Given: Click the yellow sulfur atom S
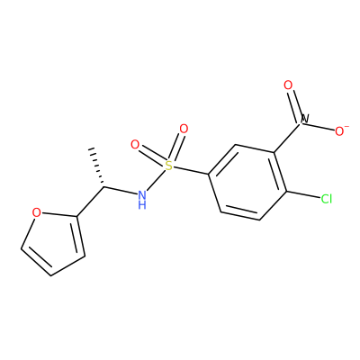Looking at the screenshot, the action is pyautogui.click(x=169, y=166).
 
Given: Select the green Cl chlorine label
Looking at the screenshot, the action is pyautogui.click(x=326, y=199).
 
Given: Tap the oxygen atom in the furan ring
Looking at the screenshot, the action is pyautogui.click(x=36, y=212).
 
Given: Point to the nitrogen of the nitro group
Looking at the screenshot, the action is pyautogui.click(x=305, y=119).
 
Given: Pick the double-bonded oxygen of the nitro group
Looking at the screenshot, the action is pyautogui.click(x=288, y=85).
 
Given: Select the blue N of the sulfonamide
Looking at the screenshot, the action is pyautogui.click(x=142, y=195).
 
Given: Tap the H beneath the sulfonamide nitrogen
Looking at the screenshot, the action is pyautogui.click(x=142, y=205).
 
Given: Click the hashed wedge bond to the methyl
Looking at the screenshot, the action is pyautogui.click(x=97, y=166).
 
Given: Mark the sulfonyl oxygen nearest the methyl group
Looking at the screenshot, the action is pyautogui.click(x=135, y=145).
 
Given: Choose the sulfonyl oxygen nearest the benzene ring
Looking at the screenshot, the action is pyautogui.click(x=184, y=129).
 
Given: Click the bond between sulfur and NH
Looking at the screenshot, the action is pyautogui.click(x=156, y=180).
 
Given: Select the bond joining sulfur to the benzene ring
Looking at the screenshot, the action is pyautogui.click(x=192, y=170).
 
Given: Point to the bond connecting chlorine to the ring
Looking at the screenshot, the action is pyautogui.click(x=302, y=194).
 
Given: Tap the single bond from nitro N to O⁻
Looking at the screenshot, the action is pyautogui.click(x=321, y=127).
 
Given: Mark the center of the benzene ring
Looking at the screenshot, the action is pyautogui.click(x=247, y=183).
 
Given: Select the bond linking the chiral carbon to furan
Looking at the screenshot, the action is pyautogui.click(x=91, y=202).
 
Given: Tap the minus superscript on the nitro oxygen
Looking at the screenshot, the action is pyautogui.click(x=346, y=126).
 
